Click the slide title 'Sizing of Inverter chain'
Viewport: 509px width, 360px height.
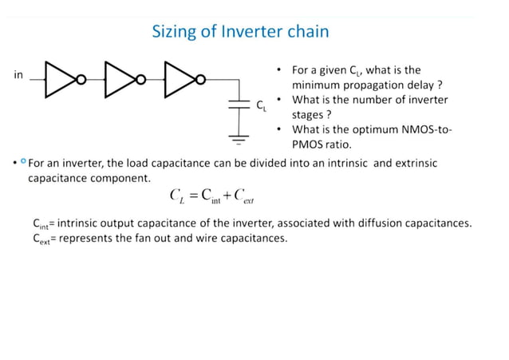pyautogui.click(x=240, y=33)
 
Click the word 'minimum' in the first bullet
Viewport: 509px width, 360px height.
pyautogui.click(x=317, y=85)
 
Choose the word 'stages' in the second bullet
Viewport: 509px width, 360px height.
pyautogui.click(x=308, y=115)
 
